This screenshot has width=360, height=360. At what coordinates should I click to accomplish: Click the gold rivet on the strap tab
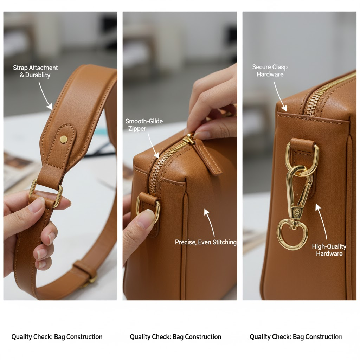coord(64,139)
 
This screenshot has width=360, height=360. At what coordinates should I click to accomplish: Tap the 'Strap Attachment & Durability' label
coord(36,71)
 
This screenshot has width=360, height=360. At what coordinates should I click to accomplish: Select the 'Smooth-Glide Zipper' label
coord(144,125)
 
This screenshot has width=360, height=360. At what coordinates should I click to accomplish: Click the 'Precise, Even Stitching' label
coord(205,242)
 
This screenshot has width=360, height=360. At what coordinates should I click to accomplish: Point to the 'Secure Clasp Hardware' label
coord(270,70)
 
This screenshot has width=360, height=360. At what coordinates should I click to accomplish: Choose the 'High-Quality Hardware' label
coord(329,250)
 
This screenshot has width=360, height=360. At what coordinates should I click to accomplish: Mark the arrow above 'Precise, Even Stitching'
coord(210,222)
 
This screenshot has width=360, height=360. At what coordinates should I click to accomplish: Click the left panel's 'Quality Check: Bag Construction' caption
coord(57,337)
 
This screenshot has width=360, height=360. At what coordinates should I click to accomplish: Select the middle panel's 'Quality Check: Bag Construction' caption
coord(176,337)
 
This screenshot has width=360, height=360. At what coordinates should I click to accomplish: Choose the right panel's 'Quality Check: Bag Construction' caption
coord(296,337)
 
